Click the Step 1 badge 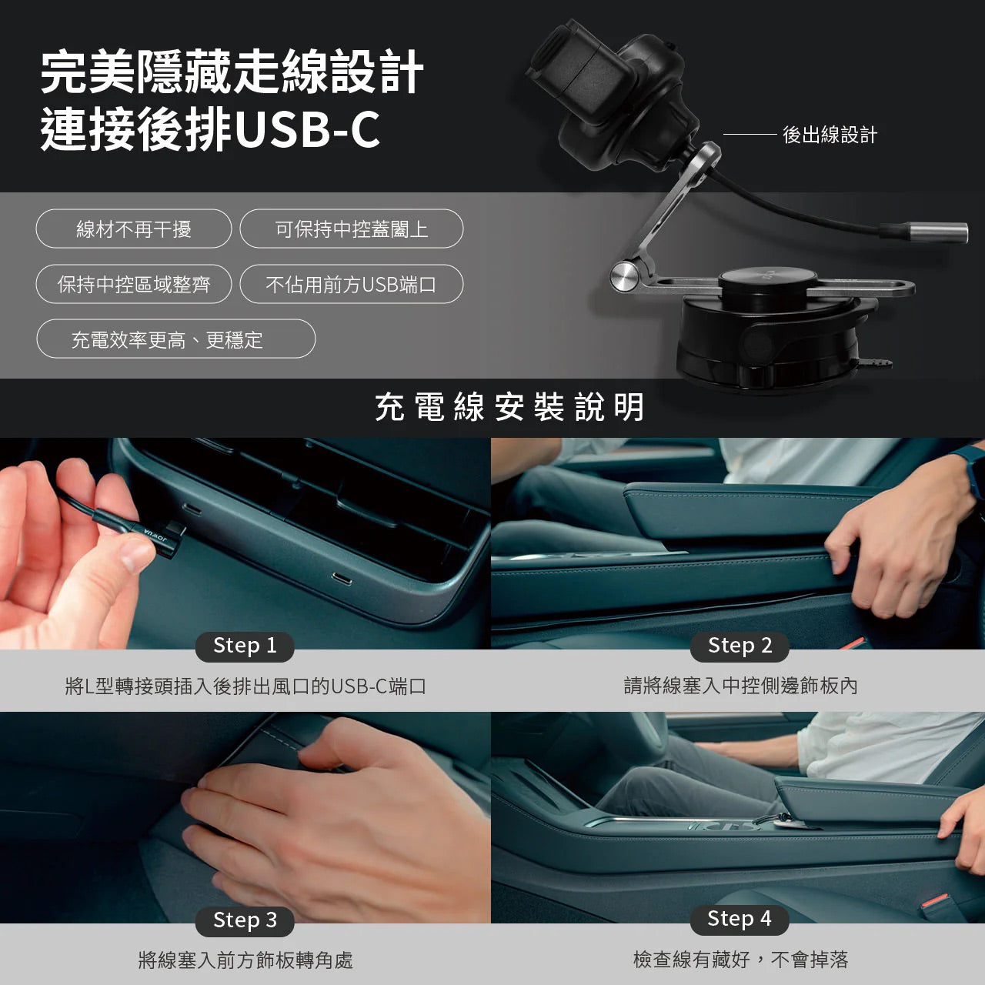tap(244, 646)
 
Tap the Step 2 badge tap(740, 646)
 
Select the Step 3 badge tap(244, 920)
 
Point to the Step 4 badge tap(739, 919)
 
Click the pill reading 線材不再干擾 tap(134, 229)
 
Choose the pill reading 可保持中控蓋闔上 tap(352, 229)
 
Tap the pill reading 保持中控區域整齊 tap(134, 285)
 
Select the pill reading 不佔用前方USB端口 tap(352, 285)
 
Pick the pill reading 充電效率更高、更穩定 tap(175, 339)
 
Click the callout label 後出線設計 tap(830, 135)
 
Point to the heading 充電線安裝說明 tap(509, 407)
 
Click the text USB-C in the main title tap(307, 130)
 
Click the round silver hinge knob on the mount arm tap(625, 276)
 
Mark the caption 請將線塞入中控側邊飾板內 tap(740, 686)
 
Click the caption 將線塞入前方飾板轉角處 tap(245, 960)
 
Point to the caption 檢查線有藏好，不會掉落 tap(740, 960)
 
